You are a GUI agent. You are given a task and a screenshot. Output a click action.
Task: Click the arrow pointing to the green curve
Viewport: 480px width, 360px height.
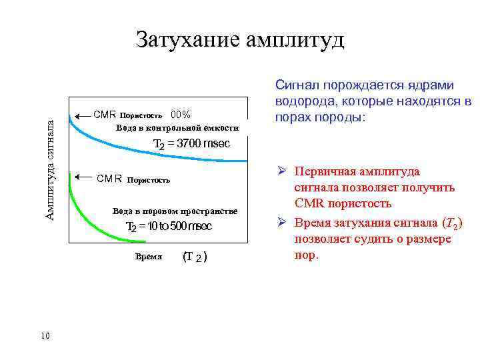click(x=83, y=177)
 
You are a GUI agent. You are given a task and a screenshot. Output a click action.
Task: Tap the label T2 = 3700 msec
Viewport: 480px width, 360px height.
click(x=191, y=144)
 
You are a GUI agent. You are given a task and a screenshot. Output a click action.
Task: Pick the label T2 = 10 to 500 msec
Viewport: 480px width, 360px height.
click(x=169, y=227)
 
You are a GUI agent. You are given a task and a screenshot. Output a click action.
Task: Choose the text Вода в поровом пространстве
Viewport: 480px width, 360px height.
click(x=175, y=211)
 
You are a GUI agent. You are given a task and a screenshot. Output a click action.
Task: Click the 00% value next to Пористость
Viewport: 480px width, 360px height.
click(x=181, y=114)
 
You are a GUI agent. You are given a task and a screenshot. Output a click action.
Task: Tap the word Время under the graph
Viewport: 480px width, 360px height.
click(x=149, y=256)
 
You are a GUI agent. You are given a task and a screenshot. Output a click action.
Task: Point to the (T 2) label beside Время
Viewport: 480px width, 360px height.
click(x=194, y=257)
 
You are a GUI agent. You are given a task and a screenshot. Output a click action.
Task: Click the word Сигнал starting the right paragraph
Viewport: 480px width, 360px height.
click(x=296, y=85)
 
